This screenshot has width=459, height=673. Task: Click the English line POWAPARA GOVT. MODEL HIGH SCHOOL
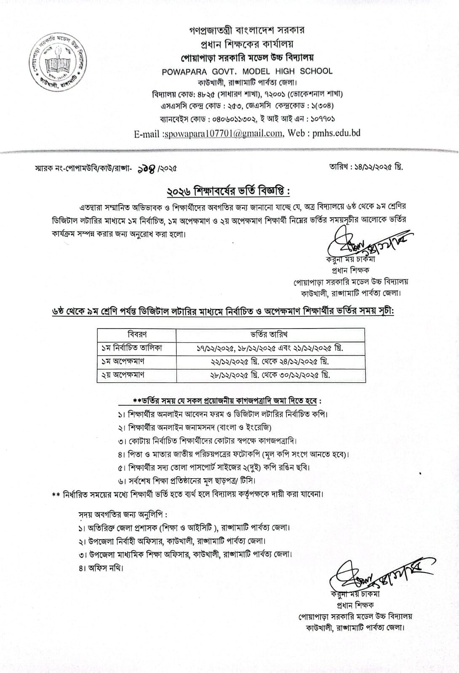(247, 72)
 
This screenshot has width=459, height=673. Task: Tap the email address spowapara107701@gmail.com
(221, 133)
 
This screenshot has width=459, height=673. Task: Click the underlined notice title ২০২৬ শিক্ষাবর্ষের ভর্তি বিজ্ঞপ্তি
(229, 191)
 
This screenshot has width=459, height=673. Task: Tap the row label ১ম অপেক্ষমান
(123, 361)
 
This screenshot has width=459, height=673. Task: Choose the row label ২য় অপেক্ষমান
(123, 374)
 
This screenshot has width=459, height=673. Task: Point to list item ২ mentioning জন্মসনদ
(195, 427)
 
